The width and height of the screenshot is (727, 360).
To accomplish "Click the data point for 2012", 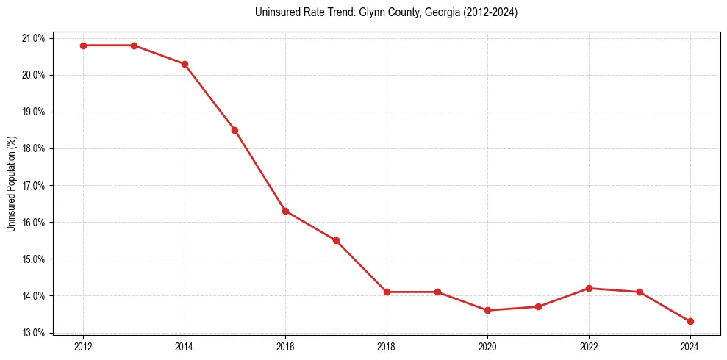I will [x=83, y=46].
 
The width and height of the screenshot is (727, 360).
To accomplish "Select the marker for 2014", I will [x=185, y=64].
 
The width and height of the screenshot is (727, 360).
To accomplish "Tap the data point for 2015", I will [x=234, y=130].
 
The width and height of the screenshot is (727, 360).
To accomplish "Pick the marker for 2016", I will [x=285, y=211].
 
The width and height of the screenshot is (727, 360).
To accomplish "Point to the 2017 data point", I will [x=336, y=240].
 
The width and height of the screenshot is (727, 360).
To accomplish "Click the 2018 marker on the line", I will [x=387, y=292].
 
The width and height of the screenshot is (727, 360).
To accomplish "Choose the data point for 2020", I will [x=487, y=310].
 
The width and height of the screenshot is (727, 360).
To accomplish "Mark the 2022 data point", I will [x=589, y=288].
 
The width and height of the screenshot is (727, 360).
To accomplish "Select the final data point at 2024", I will [x=690, y=321].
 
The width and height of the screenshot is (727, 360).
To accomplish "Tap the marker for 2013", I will [x=134, y=46].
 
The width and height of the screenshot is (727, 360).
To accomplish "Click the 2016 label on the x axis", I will [x=285, y=346].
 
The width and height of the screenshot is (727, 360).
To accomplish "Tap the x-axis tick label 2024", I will [x=690, y=346].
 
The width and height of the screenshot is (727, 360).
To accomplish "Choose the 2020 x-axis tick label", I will [x=487, y=346].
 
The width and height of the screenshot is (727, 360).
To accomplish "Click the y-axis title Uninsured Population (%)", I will [x=11, y=184].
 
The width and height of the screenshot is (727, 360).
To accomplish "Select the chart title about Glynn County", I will [x=386, y=12].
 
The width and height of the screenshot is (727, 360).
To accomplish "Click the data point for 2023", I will [x=640, y=292].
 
